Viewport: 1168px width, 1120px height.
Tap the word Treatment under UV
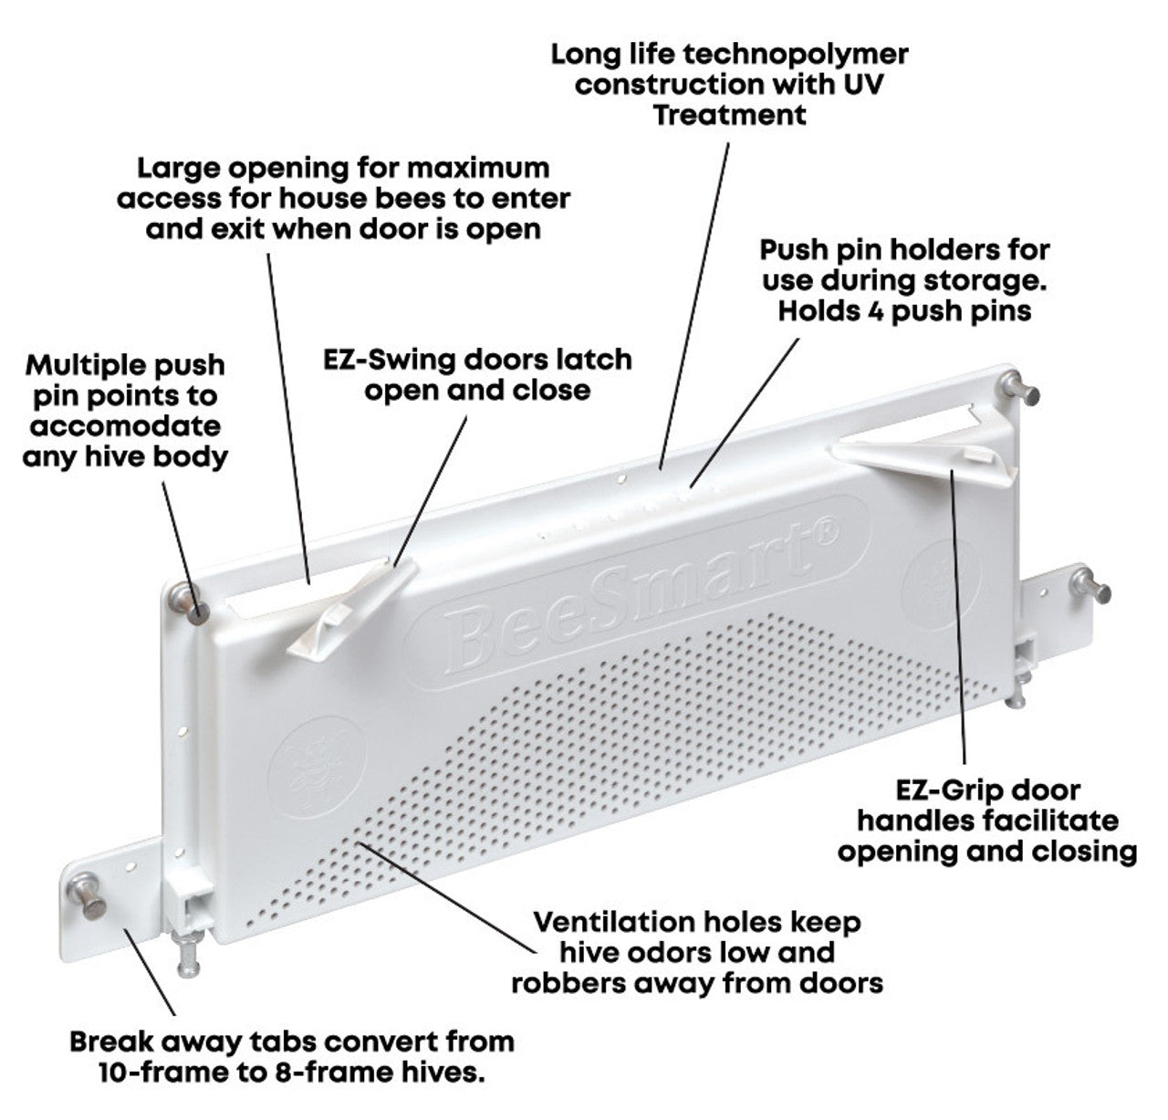[729, 115]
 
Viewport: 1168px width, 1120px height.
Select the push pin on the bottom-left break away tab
[88, 897]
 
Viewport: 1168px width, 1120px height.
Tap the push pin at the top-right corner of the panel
[1020, 389]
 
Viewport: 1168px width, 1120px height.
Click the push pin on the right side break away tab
[1091, 585]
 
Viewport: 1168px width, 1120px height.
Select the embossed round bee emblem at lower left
[317, 767]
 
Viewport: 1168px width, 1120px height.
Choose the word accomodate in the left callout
[125, 425]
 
